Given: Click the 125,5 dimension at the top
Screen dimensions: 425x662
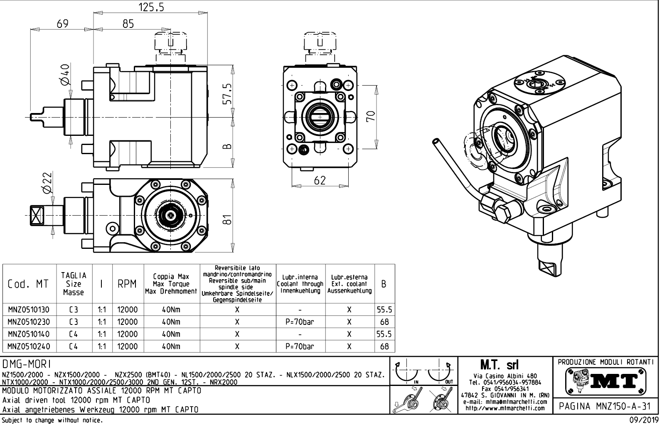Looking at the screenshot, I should (150, 7).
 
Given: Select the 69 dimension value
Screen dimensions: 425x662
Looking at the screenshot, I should (62, 24).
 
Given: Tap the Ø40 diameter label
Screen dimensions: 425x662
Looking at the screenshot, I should (65, 75).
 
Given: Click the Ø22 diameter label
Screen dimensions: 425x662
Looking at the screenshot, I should (47, 183).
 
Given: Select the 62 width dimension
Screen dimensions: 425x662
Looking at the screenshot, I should (320, 180).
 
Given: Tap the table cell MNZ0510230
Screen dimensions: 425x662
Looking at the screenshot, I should (28, 322).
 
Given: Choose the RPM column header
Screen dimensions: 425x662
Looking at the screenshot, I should (127, 284).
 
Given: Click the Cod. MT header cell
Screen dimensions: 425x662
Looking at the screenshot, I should (28, 284).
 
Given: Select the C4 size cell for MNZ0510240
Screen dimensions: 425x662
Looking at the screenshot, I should (74, 346).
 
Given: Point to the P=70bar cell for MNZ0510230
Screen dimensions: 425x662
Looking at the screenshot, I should (300, 322).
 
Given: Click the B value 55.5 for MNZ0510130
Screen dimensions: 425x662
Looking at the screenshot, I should (384, 310).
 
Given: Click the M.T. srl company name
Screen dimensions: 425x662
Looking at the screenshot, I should (504, 365).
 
